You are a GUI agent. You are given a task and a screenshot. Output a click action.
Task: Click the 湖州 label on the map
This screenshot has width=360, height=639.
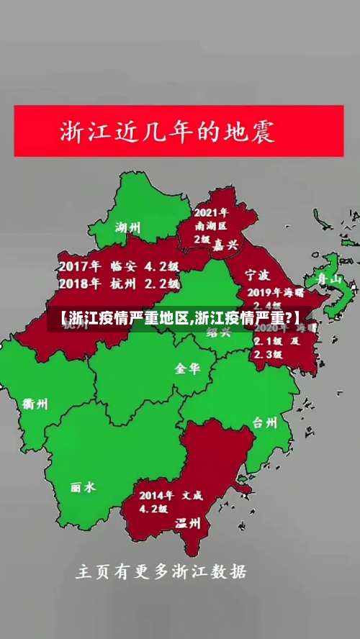coord(128,227)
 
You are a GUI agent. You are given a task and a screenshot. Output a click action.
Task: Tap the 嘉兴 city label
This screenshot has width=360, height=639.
coord(225,245)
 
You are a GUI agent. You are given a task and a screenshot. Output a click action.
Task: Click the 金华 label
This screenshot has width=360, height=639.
coord(187,368)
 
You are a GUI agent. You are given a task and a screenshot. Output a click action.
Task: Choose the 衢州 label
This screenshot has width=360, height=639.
coord(36,404)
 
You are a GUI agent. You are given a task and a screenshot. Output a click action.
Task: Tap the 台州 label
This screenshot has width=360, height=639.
coord(265,422)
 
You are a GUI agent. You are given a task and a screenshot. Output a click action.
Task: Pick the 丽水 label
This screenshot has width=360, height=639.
coord(83,487)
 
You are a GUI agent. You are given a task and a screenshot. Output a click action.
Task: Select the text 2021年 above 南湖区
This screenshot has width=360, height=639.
coord(211,212)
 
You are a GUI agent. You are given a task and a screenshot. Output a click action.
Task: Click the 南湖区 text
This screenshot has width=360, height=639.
coord(212,225)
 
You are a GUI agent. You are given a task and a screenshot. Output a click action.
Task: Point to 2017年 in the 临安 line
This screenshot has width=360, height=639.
coord(78,266)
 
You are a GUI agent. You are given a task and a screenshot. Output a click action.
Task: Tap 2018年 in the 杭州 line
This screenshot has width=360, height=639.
coord(78,284)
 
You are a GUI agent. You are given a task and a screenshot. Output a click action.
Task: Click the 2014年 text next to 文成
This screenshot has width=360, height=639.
coord(157,495)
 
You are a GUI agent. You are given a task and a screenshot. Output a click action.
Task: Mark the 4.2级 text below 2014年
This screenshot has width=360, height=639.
coord(153,509)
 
